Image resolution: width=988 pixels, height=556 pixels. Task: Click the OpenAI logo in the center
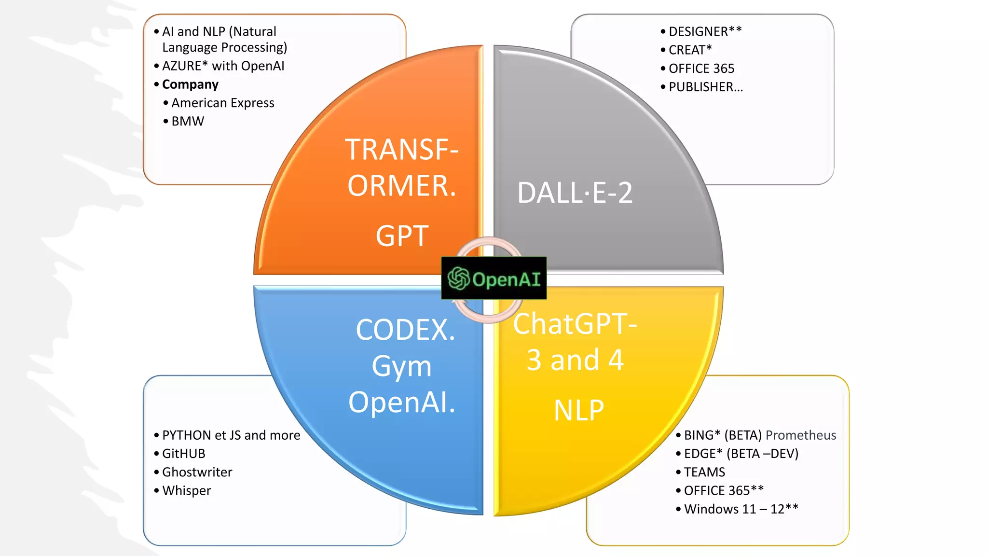pyautogui.click(x=494, y=278)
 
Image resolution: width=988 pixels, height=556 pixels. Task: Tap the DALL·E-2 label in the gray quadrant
pyautogui.click(x=575, y=193)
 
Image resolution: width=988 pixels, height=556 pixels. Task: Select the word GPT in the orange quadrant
pyautogui.click(x=402, y=236)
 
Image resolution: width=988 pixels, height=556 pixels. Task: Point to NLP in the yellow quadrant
pyautogui.click(x=578, y=411)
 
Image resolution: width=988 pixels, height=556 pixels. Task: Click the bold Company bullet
pyautogui.click(x=190, y=84)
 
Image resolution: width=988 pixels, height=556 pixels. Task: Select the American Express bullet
pyautogui.click(x=222, y=103)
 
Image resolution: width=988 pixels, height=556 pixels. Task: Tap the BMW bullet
pyautogui.click(x=188, y=121)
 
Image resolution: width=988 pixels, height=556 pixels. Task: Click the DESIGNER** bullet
pyautogui.click(x=705, y=31)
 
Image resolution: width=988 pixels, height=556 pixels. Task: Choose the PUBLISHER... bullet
pyautogui.click(x=705, y=87)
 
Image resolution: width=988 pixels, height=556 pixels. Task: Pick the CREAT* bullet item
pyautogui.click(x=690, y=50)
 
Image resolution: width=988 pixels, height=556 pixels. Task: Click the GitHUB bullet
pyautogui.click(x=183, y=454)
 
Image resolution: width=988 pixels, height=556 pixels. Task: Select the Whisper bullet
pyautogui.click(x=186, y=490)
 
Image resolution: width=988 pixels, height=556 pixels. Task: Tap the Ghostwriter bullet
pyautogui.click(x=197, y=472)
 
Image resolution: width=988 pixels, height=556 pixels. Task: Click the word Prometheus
pyautogui.click(x=800, y=435)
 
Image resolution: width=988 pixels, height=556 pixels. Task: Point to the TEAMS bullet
pyautogui.click(x=704, y=472)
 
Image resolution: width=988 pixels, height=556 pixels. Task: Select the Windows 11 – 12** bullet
pyautogui.click(x=741, y=509)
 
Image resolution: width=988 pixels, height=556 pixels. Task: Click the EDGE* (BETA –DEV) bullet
pyautogui.click(x=741, y=454)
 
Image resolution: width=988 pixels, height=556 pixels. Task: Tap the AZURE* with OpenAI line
pyautogui.click(x=223, y=66)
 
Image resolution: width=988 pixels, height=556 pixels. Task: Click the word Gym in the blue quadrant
pyautogui.click(x=401, y=366)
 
